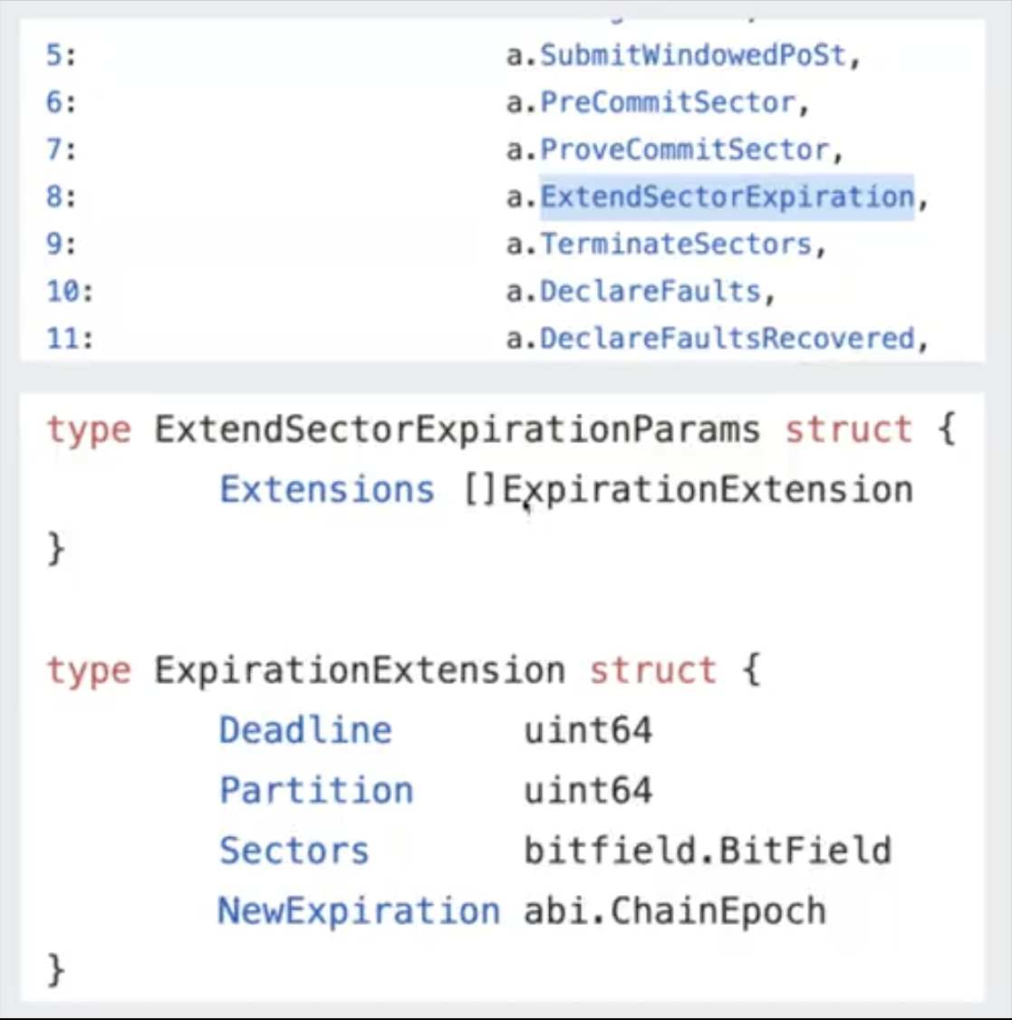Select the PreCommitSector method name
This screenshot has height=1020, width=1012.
click(668, 102)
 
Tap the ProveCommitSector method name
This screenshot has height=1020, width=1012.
click(685, 149)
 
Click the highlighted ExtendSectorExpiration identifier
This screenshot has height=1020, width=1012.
click(728, 197)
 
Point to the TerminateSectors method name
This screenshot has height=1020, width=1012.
click(676, 244)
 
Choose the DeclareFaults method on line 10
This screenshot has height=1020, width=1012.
click(651, 291)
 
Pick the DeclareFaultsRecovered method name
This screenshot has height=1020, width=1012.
click(728, 338)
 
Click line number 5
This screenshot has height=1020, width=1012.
click(61, 55)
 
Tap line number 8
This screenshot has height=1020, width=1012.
click(61, 197)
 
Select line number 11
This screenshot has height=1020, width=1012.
click(70, 338)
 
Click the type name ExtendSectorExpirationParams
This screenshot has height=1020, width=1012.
click(457, 429)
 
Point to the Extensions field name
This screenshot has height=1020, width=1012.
click(327, 490)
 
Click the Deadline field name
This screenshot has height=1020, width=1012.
click(305, 730)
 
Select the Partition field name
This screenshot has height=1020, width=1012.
click(316, 791)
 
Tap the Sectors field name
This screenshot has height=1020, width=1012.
click(294, 851)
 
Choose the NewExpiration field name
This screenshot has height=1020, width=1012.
click(359, 910)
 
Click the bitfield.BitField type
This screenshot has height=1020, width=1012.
click(708, 851)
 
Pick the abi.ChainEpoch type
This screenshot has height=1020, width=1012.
click(675, 910)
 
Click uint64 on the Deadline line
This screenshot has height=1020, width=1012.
click(588, 730)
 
